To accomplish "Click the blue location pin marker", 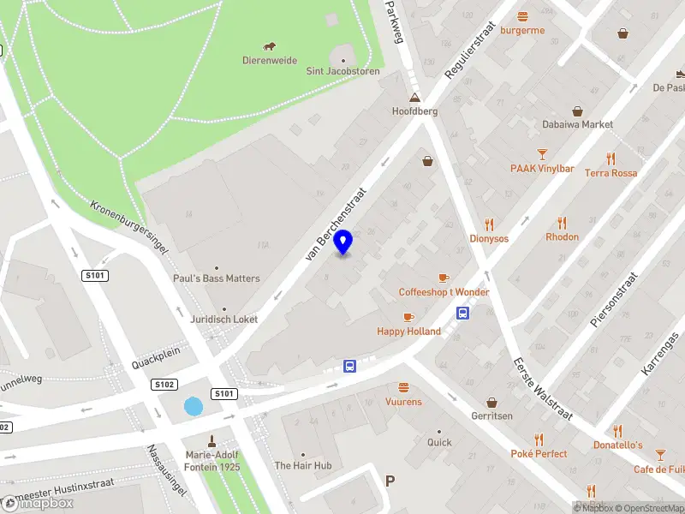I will point(343,242).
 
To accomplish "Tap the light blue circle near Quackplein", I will point(194,407).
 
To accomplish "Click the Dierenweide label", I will point(270,61).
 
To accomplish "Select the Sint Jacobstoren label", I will point(342,72).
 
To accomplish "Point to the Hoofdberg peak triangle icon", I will point(414,98).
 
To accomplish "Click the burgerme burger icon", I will point(522,16).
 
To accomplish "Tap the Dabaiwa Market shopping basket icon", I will point(577,111).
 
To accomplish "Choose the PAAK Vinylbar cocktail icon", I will point(542,155).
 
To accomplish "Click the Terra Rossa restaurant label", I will point(611,173).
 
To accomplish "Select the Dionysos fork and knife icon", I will point(489,224).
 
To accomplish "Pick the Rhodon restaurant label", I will point(562,236).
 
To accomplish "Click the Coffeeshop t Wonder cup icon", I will point(444,278).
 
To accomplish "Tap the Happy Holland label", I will point(408,332).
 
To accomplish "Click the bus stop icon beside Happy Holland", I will point(463,314).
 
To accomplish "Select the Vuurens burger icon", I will point(403,387).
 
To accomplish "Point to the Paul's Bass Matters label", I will point(216,278).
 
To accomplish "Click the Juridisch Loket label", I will point(223,320).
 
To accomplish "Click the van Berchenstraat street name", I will point(335,224).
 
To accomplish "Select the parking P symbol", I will point(390,481).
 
